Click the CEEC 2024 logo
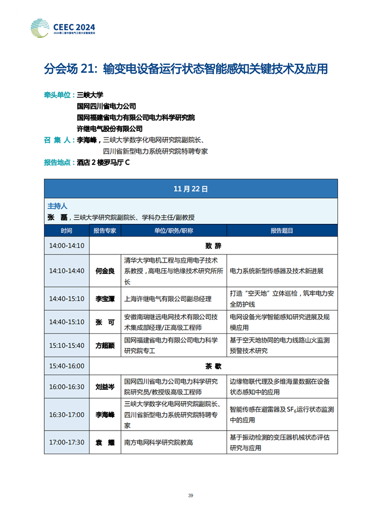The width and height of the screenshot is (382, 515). (63, 26)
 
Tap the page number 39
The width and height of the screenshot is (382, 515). (191, 495)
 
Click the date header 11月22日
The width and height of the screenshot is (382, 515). (191, 189)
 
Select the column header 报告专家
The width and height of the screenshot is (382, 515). (105, 231)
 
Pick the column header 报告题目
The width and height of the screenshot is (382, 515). (282, 231)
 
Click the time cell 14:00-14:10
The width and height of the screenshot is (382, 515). (67, 245)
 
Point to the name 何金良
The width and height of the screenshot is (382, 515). (105, 270)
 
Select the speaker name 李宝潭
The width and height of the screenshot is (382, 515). (105, 298)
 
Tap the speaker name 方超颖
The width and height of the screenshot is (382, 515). (105, 346)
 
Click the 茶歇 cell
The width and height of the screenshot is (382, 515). (213, 366)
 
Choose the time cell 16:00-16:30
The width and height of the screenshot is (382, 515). (67, 386)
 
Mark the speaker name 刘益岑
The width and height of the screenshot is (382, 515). (105, 386)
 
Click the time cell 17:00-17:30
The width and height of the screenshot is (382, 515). (67, 442)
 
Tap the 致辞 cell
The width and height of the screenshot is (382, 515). (213, 245)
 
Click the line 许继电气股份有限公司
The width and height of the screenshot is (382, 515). (110, 129)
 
